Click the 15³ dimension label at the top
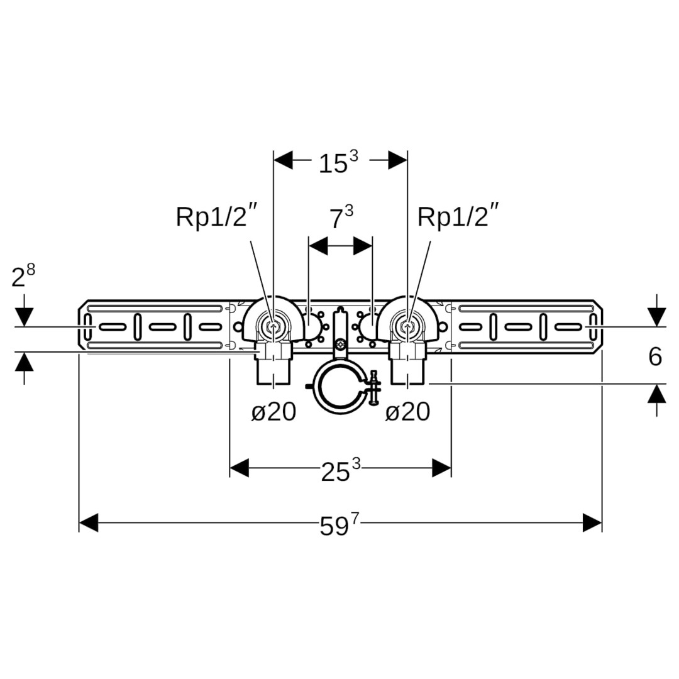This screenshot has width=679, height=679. pos(337,163)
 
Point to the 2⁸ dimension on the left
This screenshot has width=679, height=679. pos(23,277)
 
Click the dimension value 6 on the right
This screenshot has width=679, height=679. pos(655,356)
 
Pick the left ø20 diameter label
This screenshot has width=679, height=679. pos(273,412)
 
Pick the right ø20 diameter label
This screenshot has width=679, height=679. pos(407,412)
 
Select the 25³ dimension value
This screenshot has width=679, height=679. pos(340,471)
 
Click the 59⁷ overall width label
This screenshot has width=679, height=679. pos(340,525)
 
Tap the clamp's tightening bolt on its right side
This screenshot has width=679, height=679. pos(375,388)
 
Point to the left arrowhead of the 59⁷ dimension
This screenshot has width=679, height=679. pos(89,522)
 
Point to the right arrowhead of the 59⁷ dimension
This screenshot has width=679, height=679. pos(592,522)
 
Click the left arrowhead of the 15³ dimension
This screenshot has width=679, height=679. pos(284,160)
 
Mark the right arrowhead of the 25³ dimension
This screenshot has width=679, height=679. pos(442,468)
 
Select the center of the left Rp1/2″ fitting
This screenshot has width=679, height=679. pos(273,327)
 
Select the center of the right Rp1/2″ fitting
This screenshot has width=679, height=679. pos(407,327)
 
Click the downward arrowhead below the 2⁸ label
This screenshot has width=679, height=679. pos(24,317)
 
